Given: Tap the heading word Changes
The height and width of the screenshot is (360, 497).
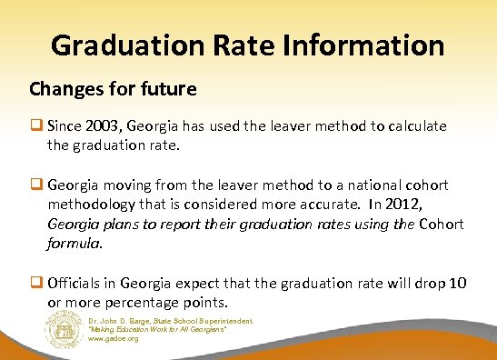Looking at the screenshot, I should [x=62, y=90].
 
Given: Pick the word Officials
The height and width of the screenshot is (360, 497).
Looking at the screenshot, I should [x=77, y=284].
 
